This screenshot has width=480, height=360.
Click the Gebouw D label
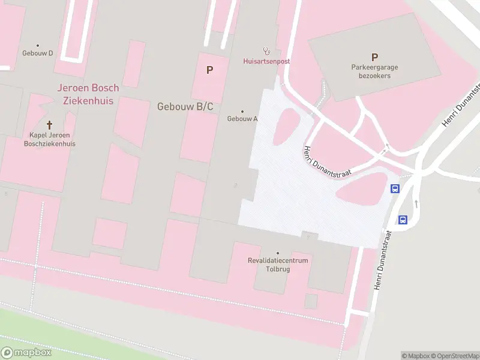click(x=38, y=53)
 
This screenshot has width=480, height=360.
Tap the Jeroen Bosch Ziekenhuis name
click(x=88, y=94)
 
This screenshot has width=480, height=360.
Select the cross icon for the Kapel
click(x=50, y=125)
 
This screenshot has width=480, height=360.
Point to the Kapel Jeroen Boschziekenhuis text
click(x=50, y=139)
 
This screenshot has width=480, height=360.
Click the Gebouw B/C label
click(x=185, y=106)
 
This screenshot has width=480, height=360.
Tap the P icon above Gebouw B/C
click(x=209, y=70)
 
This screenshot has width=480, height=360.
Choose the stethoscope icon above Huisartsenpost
click(x=266, y=51)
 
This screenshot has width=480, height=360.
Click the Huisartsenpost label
click(x=266, y=61)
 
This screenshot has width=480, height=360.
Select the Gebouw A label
click(x=242, y=119)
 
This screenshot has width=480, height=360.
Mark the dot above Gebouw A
click(x=242, y=111)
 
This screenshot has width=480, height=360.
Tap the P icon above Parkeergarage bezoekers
click(x=374, y=58)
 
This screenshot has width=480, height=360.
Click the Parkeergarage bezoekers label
click(x=374, y=72)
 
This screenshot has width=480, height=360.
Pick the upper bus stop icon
click(x=395, y=189)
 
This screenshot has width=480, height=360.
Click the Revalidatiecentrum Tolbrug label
click(x=278, y=265)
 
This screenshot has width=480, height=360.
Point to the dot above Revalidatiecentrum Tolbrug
click(x=278, y=253)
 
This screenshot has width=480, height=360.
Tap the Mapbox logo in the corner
click(x=26, y=352)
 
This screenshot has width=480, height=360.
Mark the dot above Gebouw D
click(x=38, y=45)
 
